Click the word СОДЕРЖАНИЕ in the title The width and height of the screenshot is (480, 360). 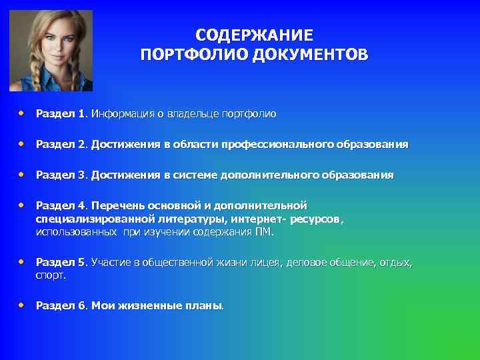click(x=253, y=35)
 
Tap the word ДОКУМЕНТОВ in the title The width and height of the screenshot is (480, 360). click(x=309, y=54)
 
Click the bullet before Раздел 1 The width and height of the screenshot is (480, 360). click(x=22, y=113)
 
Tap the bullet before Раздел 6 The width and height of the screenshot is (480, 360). click(x=22, y=305)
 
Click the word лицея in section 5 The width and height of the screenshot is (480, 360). click(x=269, y=263)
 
